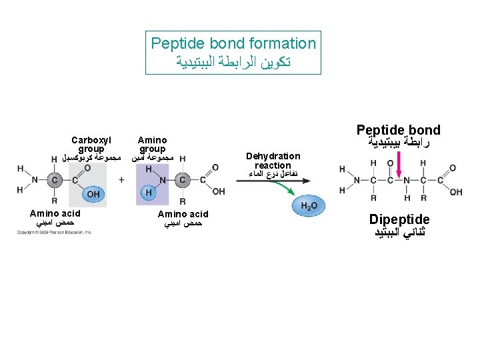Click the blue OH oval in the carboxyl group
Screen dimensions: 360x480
click(x=93, y=194)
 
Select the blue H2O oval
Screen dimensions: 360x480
click(x=309, y=207)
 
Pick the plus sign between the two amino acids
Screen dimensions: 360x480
click(x=121, y=179)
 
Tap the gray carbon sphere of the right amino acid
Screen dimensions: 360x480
click(x=183, y=179)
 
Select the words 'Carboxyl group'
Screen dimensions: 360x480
click(x=91, y=145)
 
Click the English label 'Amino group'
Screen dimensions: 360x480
click(x=152, y=145)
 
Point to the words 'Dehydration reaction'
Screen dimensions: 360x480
click(x=273, y=161)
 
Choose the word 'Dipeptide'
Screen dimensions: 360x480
click(x=399, y=219)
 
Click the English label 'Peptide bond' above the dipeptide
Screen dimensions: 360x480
click(x=398, y=130)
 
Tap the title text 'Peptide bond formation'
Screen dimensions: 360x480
click(x=233, y=44)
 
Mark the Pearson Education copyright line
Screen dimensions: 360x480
click(x=55, y=232)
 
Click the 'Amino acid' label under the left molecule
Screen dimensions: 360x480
click(x=55, y=213)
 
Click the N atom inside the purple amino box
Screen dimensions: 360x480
click(x=162, y=179)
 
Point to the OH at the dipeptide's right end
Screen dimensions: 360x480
click(x=456, y=192)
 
